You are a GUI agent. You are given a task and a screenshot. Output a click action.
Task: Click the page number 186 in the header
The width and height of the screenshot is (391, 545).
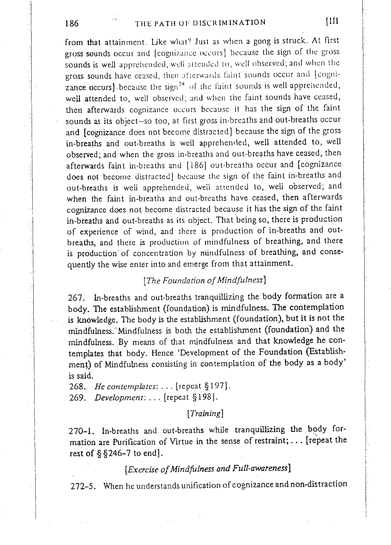pos(72,24)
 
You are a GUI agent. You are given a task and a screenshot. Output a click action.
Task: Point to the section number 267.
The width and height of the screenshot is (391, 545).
pos(77,297)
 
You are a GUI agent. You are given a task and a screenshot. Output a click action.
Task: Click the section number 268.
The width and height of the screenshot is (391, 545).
pos(77,386)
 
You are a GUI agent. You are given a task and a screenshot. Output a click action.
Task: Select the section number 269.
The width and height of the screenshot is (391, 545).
pos(77,397)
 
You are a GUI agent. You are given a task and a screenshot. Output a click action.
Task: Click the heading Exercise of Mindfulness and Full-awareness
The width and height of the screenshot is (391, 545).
pos(208,468)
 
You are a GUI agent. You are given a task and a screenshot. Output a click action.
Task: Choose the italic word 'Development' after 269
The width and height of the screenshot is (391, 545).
pos(119,397)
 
